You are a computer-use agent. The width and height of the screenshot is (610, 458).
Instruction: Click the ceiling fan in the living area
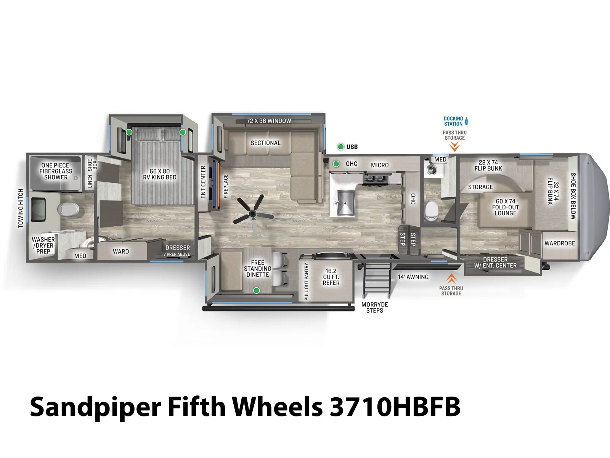tap(253, 213)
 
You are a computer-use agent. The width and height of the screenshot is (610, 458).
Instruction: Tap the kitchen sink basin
tap(345, 202)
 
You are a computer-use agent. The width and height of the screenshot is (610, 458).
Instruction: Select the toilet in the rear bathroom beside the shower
tap(68, 210)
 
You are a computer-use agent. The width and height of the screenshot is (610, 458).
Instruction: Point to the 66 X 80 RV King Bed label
tap(159, 174)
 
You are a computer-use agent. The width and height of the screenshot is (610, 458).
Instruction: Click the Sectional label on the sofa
tap(265, 143)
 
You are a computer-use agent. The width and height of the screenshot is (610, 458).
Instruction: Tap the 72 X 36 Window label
tap(269, 121)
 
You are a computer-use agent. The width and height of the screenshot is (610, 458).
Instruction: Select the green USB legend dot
tap(341, 147)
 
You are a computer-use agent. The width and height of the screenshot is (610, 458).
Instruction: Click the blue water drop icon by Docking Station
tap(466, 121)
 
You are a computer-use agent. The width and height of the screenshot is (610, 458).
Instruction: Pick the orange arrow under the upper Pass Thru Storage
tap(454, 146)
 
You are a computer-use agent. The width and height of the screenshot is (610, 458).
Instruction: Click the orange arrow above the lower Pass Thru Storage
tap(451, 278)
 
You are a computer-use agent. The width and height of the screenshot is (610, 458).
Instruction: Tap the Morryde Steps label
tap(374, 308)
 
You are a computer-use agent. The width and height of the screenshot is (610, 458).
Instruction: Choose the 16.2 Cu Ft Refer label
tap(331, 277)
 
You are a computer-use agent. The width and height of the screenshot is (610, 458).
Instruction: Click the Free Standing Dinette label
tap(257, 269)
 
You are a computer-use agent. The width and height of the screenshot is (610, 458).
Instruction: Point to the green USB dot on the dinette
tap(257, 290)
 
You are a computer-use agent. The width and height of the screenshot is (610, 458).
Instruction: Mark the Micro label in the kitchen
tap(380, 165)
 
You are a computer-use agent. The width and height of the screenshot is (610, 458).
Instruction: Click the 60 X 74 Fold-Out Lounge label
tap(506, 207)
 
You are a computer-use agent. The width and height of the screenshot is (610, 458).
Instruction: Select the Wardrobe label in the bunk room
tap(560, 244)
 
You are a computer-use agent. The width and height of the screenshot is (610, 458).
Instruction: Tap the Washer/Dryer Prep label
tap(43, 245)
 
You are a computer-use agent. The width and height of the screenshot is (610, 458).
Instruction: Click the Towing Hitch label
tap(21, 208)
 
